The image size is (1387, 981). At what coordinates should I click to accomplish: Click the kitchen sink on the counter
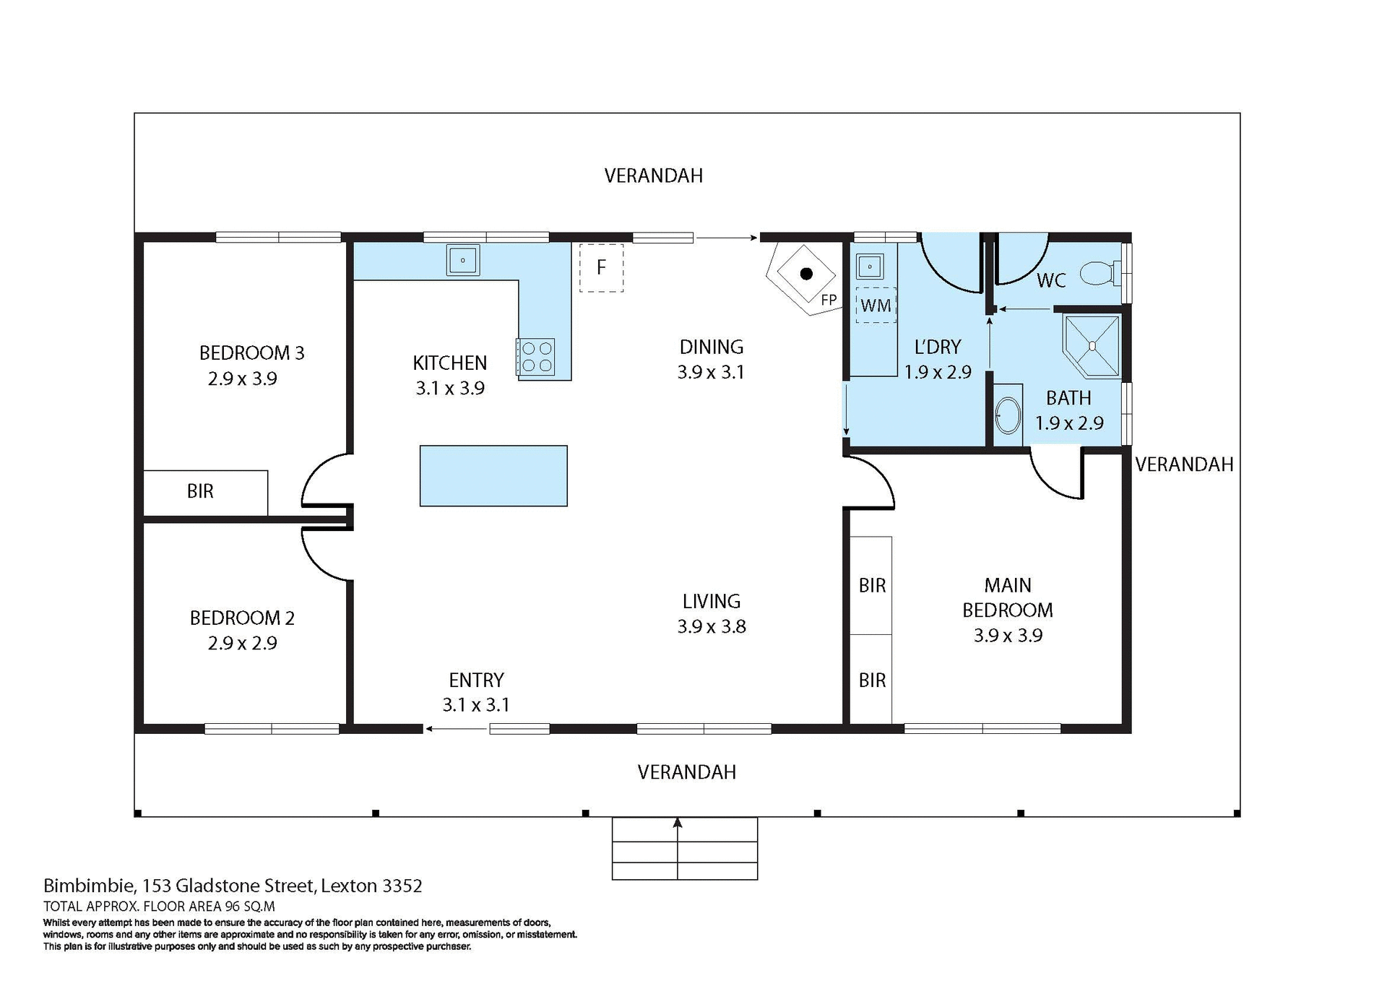462,260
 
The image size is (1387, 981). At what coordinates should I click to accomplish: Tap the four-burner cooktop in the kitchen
536,357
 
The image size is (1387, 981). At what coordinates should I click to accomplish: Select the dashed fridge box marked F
601,268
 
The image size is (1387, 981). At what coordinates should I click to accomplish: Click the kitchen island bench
493,475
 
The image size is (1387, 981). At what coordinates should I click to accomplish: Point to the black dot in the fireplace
806,274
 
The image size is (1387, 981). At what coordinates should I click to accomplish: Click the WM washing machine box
876,305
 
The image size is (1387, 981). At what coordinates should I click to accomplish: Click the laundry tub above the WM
870,267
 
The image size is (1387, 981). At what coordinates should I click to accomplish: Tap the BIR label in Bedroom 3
200,491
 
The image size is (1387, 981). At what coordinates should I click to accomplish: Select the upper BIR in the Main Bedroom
872,585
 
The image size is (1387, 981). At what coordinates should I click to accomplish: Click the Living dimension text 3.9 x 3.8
712,626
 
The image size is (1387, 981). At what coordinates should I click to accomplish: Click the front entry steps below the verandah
684,849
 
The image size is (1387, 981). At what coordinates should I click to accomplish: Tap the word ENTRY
476,680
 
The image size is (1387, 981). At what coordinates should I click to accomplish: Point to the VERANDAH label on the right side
1184,464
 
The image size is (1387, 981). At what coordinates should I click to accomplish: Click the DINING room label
711,347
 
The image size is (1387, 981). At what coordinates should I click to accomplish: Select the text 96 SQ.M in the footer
250,907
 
